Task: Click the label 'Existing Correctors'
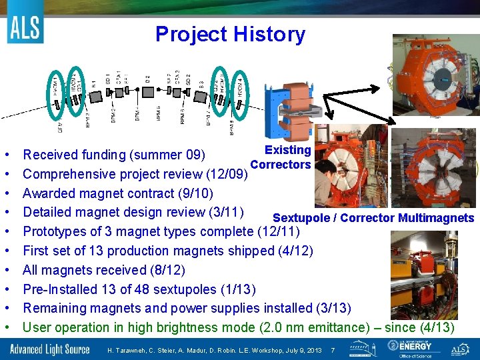281,157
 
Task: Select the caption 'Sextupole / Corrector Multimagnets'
373,218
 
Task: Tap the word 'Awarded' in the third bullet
49,194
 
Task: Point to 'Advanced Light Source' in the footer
51,349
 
